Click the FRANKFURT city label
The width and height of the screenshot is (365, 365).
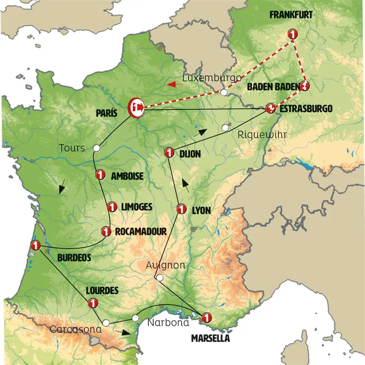coord(291,15)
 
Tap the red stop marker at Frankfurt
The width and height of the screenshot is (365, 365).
coord(292,34)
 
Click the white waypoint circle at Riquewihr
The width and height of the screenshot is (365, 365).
coord(225,128)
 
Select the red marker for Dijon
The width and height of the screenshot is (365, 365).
coord(169,153)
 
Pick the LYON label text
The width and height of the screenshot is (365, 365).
coord(201,210)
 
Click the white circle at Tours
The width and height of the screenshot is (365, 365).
coord(97,148)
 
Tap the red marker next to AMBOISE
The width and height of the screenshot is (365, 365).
coord(99,175)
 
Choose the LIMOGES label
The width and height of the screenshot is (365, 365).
coord(136,207)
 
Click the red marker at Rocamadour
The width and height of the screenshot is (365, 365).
coord(106,232)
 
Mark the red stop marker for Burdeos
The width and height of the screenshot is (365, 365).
coord(35,245)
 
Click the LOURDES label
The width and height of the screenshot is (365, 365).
coord(102,290)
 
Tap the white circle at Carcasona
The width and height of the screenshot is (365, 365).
coord(106,323)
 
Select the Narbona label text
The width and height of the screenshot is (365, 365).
coord(168,323)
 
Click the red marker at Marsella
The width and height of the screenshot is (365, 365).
coord(206,318)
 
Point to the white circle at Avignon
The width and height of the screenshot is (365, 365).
coord(160,278)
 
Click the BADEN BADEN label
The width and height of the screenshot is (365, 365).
coord(273,86)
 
